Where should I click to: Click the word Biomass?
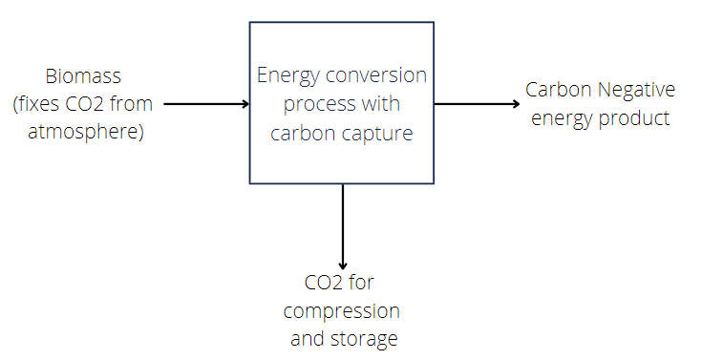pos(83,76)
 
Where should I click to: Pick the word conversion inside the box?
pos(384,75)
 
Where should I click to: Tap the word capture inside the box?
pos(381,133)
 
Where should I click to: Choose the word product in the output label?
pos(639,118)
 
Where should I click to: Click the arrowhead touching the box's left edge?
pos(244,103)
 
